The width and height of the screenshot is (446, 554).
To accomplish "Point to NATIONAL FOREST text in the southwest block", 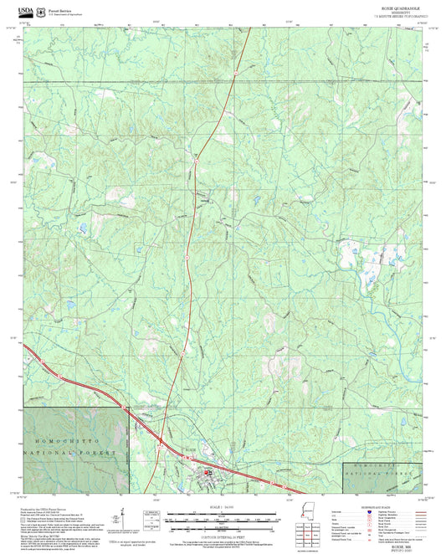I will click(x=75, y=452).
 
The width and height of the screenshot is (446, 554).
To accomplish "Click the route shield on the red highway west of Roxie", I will click(x=126, y=408).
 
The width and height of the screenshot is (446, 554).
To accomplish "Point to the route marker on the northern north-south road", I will click(x=236, y=73).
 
